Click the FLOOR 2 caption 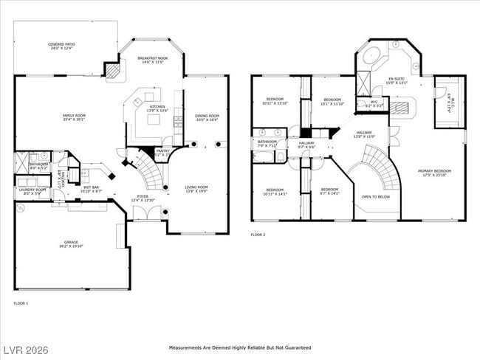point(258,235)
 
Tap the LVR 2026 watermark point(25,348)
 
